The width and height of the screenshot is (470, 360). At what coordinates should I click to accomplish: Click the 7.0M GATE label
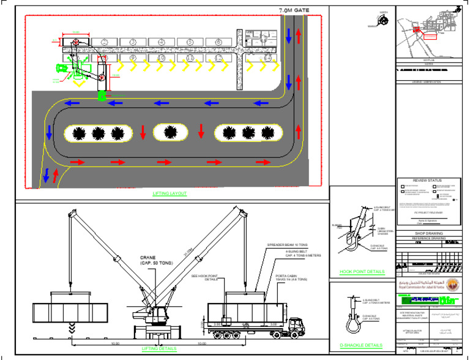[x=294, y=11]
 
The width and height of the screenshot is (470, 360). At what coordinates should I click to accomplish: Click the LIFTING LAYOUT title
[x=170, y=193]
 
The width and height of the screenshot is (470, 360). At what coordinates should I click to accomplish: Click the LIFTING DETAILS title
[x=159, y=348]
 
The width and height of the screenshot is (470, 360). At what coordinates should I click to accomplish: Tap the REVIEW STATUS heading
[x=427, y=181]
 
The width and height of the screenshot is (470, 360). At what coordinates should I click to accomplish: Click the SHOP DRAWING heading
[x=427, y=233]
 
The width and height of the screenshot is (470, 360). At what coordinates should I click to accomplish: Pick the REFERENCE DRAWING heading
[x=427, y=238]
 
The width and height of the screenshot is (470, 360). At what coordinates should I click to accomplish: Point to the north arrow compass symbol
[x=383, y=21]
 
